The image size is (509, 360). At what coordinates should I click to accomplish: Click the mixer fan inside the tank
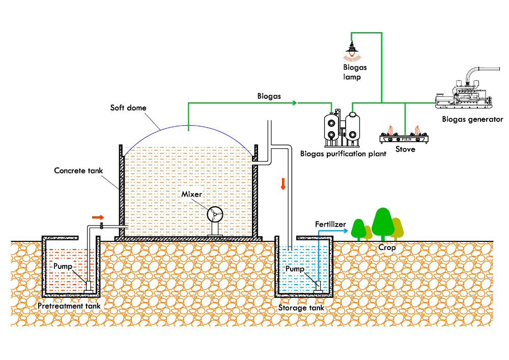pyautogui.click(x=215, y=215)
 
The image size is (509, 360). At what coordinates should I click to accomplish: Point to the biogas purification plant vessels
pyautogui.click(x=342, y=127)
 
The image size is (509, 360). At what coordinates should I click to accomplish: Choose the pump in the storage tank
pyautogui.click(x=318, y=286)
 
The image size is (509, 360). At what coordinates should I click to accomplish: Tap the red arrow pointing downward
pyautogui.click(x=283, y=184)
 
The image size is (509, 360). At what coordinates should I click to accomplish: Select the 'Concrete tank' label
pyautogui.click(x=77, y=171)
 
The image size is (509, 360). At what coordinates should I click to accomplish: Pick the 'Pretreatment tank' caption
pyautogui.click(x=69, y=306)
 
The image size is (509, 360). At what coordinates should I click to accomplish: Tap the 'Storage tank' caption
pyautogui.click(x=301, y=308)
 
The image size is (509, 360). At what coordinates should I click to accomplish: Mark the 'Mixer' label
pyautogui.click(x=193, y=195)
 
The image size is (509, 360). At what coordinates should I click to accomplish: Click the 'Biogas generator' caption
pyautogui.click(x=473, y=120)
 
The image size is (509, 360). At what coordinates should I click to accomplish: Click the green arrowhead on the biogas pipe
pyautogui.click(x=294, y=102)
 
